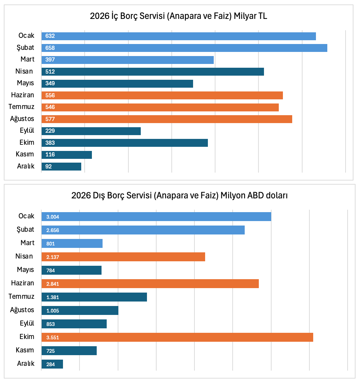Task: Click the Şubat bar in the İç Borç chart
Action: [184, 48]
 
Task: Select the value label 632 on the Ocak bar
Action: [50, 36]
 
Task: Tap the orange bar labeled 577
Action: [167, 119]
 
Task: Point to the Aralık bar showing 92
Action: [61, 167]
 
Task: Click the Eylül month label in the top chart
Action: [27, 130]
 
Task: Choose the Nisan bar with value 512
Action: [152, 72]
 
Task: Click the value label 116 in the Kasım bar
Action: [50, 155]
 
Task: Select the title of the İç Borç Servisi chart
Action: [179, 16]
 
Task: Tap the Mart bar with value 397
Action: [128, 60]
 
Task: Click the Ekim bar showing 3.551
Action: [177, 337]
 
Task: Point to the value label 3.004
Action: [53, 217]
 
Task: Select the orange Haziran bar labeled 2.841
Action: [150, 284]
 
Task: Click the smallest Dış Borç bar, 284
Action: [52, 364]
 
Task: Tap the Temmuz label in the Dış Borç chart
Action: [21, 296]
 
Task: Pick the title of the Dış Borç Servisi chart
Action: [180, 196]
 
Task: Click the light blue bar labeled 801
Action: [72, 243]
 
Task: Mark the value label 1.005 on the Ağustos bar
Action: [53, 311]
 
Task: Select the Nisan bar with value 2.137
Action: [123, 257]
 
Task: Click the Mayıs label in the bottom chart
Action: [25, 270]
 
